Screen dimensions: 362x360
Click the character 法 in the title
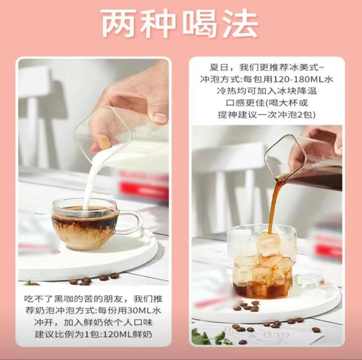[241, 24]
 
